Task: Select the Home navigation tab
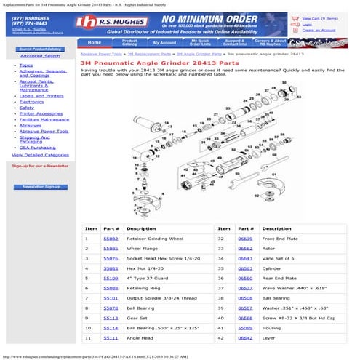[x=95, y=43]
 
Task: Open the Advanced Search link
[x=40, y=56]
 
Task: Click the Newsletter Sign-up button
[x=41, y=187]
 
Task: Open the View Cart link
[x=311, y=17]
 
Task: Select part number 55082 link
[x=111, y=238]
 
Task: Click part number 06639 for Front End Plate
[x=245, y=238]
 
